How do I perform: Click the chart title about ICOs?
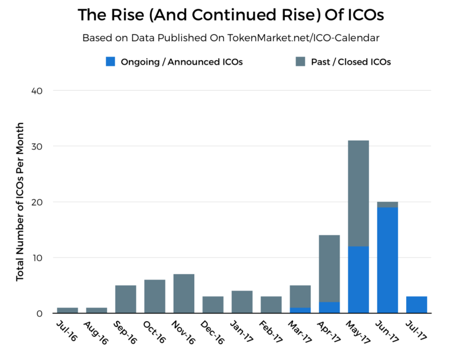(x=225, y=15)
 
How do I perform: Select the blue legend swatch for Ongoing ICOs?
(x=110, y=61)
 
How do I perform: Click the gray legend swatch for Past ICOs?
(x=300, y=61)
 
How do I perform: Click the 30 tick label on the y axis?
(x=37, y=146)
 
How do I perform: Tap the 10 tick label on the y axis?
(x=37, y=258)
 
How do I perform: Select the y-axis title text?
(x=20, y=202)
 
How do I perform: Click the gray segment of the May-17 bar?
(x=358, y=193)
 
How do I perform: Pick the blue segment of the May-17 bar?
(x=358, y=279)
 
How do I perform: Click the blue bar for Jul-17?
(x=416, y=305)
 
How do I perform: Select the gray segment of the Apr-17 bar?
(x=329, y=268)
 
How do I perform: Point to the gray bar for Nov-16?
(x=184, y=294)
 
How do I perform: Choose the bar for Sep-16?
(x=125, y=299)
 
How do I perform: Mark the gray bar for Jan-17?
(x=242, y=302)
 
